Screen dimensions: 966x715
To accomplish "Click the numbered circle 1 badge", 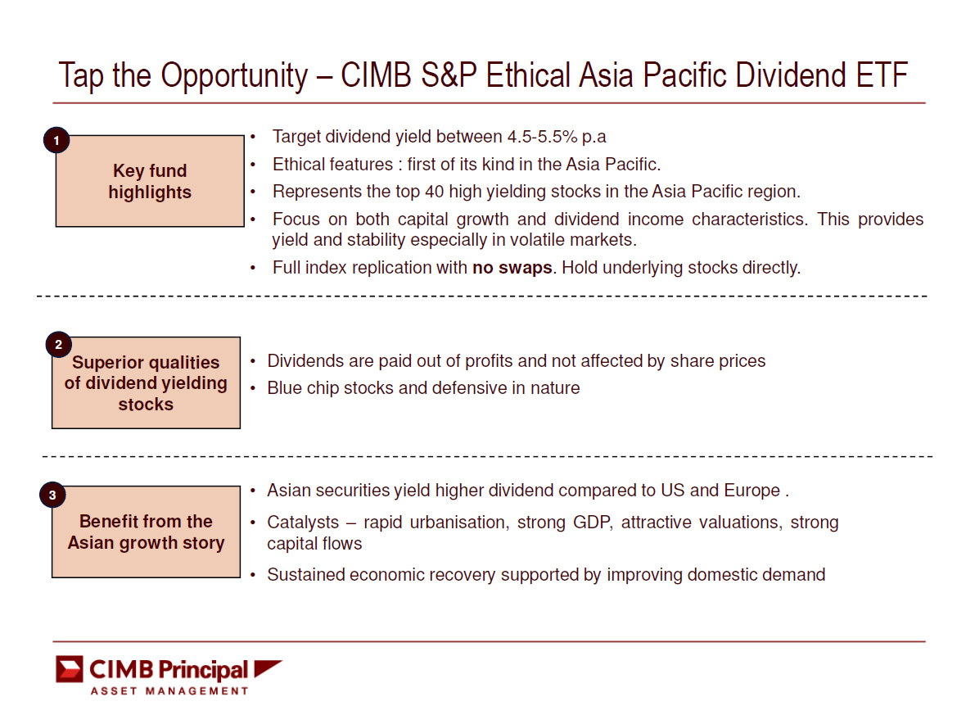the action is (56, 141).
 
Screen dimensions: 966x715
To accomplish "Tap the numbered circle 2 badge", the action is (58, 345).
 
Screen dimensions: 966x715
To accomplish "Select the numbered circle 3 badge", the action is (52, 495).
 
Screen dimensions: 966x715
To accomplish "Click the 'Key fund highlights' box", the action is (150, 181).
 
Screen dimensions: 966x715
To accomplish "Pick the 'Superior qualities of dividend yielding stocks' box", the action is (146, 382).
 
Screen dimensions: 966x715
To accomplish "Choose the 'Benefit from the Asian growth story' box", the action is (146, 532).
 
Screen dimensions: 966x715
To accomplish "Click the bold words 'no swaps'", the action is (512, 268).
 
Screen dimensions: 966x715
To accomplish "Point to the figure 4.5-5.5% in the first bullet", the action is (542, 136).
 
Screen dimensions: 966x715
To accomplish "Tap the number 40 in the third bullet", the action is (434, 192).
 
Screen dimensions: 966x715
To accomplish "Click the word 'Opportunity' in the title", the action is (235, 76).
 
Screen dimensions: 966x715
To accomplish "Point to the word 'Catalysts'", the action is (303, 523).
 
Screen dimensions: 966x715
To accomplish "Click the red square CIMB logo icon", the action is (70, 669).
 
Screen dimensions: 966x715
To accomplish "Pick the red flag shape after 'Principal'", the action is (268, 668).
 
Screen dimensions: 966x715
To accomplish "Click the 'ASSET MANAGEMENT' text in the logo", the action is (169, 691).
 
